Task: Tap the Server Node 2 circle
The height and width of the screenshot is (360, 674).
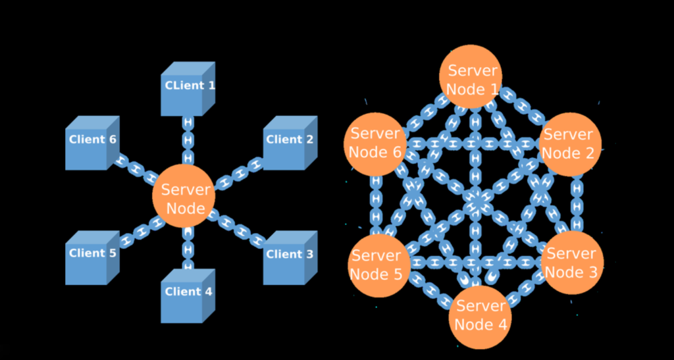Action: tap(570, 143)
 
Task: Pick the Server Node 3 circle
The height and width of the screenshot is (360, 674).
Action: tap(570, 262)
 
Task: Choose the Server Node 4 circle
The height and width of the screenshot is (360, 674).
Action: tap(481, 315)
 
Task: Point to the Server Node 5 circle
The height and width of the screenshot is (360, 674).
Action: tap(378, 264)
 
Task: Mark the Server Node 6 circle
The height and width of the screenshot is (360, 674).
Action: tap(375, 142)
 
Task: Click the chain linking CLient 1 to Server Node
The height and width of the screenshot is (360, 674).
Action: tap(188, 140)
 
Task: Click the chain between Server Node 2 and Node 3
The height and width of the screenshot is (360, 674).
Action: tap(577, 203)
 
